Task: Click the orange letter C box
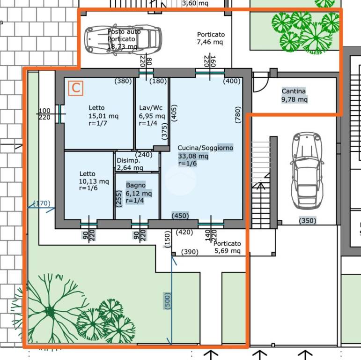pyautogui.click(x=76, y=88)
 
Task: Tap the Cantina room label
pyautogui.click(x=294, y=91)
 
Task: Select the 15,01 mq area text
pyautogui.click(x=103, y=116)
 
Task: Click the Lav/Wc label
pyautogui.click(x=151, y=108)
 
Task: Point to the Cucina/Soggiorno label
pyautogui.click(x=206, y=148)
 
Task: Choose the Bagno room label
pyautogui.click(x=136, y=185)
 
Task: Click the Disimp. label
pyautogui.click(x=128, y=160)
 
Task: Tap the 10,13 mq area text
pyautogui.click(x=94, y=181)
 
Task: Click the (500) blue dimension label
pyautogui.click(x=167, y=301)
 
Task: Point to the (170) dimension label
pyautogui.click(x=42, y=203)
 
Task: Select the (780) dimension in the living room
pyautogui.click(x=238, y=114)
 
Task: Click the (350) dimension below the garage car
pyautogui.click(x=307, y=221)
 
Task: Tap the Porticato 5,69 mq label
pyautogui.click(x=227, y=247)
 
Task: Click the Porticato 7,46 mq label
pyautogui.click(x=211, y=38)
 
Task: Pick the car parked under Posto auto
pyautogui.click(x=123, y=40)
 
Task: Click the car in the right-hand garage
pyautogui.click(x=307, y=171)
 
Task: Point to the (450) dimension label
pyautogui.click(x=180, y=216)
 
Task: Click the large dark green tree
pyautogui.click(x=50, y=311)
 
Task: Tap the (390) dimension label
pyautogui.click(x=190, y=252)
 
